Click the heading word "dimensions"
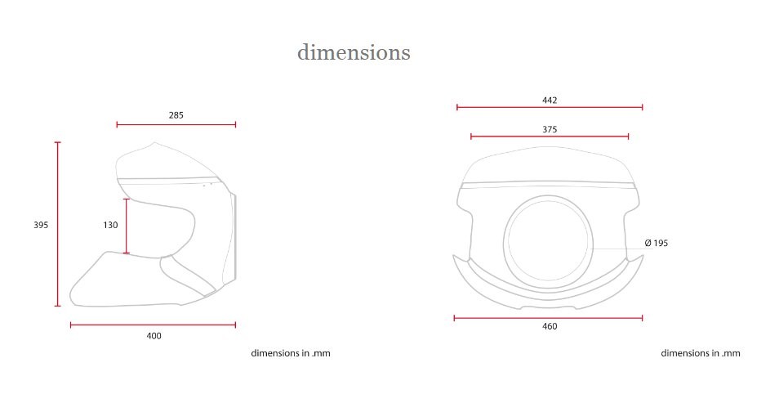click(x=354, y=51)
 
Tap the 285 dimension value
click(x=176, y=115)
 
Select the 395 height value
click(x=41, y=225)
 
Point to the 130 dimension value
click(x=110, y=225)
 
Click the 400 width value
click(x=154, y=336)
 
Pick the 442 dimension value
click(x=550, y=101)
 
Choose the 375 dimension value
click(x=550, y=129)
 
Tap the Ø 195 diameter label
click(x=657, y=243)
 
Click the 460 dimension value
click(x=550, y=326)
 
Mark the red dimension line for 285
click(x=176, y=124)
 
